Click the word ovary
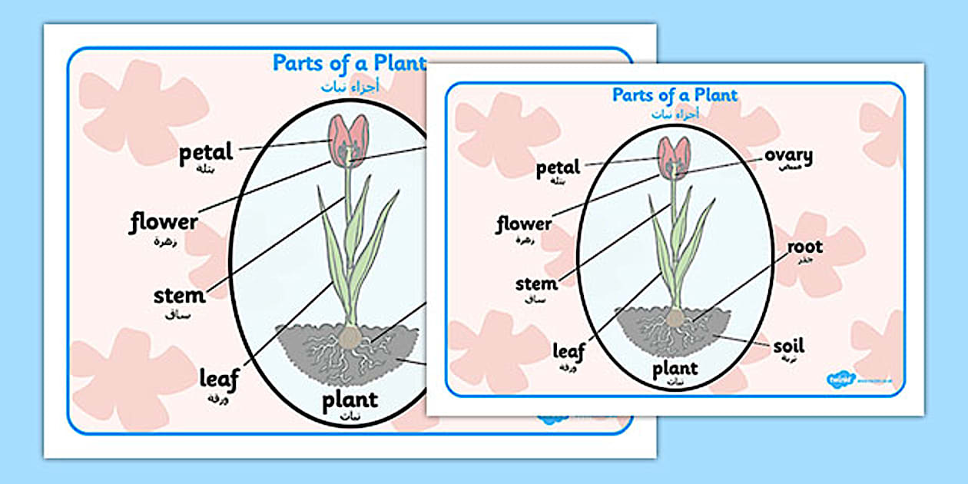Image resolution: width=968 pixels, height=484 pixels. tap(788, 155)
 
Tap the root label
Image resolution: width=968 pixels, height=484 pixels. tap(804, 247)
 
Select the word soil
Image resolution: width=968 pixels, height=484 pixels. tap(789, 346)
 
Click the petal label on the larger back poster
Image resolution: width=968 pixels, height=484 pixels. tap(205, 153)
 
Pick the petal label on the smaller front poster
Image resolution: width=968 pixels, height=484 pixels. tap(559, 167)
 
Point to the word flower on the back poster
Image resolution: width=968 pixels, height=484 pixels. tap(163, 223)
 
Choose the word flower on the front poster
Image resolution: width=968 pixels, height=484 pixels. tap(523, 224)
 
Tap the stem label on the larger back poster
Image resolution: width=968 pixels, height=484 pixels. tap(179, 296)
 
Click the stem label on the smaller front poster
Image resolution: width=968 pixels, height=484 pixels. tap(536, 283)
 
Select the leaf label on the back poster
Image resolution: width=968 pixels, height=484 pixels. tap(219, 378)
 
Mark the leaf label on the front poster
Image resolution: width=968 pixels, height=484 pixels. tap(569, 351)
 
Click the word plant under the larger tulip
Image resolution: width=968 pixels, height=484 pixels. tap(350, 399)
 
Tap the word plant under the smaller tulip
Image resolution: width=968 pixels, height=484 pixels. tap(675, 369)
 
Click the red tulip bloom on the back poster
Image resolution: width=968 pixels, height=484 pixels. tap(348, 140)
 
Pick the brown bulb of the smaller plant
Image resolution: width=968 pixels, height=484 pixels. tap(675, 317)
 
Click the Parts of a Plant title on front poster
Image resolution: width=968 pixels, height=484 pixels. tap(675, 95)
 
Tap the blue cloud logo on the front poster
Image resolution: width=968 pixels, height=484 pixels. tap(839, 380)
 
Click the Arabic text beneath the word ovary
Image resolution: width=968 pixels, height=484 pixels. tap(790, 167)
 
